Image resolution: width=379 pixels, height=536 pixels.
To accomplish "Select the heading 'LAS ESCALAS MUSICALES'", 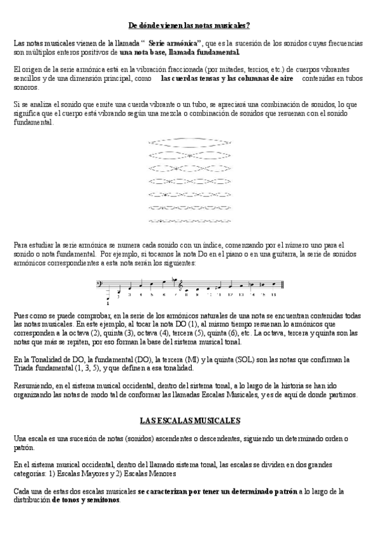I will [189, 420].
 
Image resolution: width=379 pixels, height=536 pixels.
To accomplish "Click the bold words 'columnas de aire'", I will [265, 79].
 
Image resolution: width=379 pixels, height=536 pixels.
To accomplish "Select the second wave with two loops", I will [189, 154].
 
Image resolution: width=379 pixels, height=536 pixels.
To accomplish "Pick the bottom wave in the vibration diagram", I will [189, 221].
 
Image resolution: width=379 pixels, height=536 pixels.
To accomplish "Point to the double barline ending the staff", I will [282, 284].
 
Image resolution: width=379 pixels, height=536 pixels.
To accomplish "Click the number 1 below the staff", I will [108, 303].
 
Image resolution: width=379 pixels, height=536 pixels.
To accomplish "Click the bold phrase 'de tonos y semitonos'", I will [85, 499].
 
